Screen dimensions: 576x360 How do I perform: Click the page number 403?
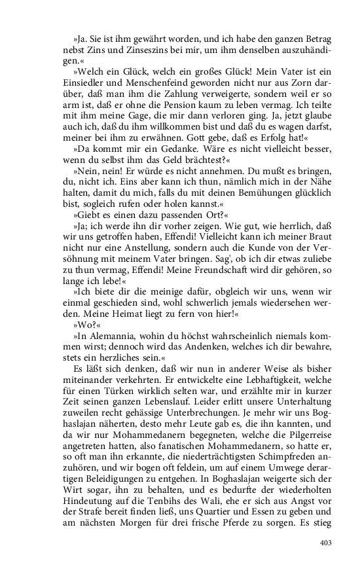[x=325, y=542]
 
